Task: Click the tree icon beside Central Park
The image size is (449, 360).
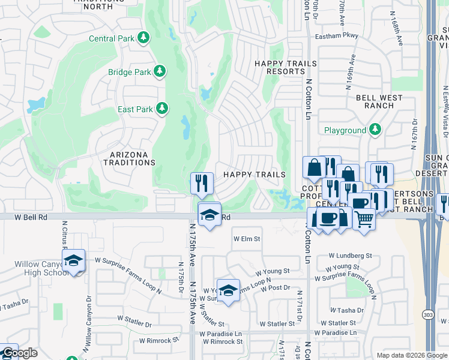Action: [143, 38]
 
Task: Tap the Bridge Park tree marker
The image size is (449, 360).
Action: [159, 72]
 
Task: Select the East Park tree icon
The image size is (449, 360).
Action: [161, 109]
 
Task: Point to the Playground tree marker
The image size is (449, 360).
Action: [375, 130]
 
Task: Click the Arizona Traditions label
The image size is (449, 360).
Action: [129, 158]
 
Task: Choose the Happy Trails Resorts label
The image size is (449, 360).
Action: [280, 67]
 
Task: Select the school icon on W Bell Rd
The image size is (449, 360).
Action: [209, 214]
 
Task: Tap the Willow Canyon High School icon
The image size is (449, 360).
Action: [73, 261]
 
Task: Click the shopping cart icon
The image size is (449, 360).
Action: [364, 220]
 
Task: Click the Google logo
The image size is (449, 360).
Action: [19, 353]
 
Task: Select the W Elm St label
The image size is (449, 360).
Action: [247, 239]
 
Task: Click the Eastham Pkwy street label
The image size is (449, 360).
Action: [337, 36]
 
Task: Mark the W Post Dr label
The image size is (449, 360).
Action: [276, 288]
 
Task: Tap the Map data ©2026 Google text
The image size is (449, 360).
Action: [411, 355]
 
